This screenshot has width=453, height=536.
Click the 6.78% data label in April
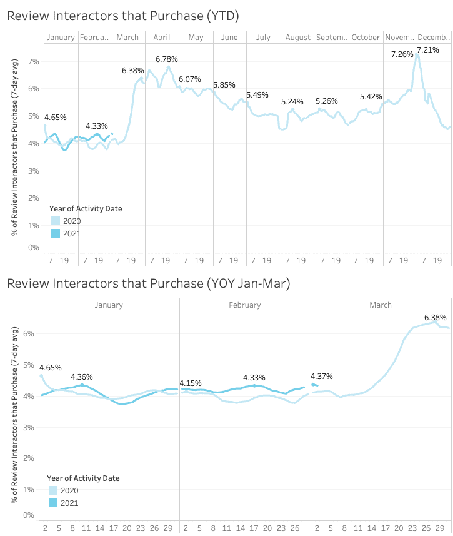pyautogui.click(x=167, y=59)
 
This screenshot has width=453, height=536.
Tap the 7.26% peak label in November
pyautogui.click(x=402, y=54)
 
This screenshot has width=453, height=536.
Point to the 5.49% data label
pyautogui.click(x=257, y=95)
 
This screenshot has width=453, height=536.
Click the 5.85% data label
pyautogui.click(x=224, y=85)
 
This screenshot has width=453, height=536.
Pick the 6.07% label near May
pyautogui.click(x=190, y=79)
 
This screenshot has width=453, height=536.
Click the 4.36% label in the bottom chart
pyautogui.click(x=82, y=377)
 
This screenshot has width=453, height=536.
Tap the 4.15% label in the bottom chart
pyautogui.click(x=191, y=383)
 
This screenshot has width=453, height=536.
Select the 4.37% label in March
pyautogui.click(x=322, y=377)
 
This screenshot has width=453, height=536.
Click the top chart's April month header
pyautogui.click(x=162, y=38)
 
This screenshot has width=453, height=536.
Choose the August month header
pyautogui.click(x=298, y=38)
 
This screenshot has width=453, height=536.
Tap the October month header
pyautogui.click(x=366, y=38)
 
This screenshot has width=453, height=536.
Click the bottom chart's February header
pyautogui.click(x=245, y=305)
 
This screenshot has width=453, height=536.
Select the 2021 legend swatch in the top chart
pyautogui.click(x=56, y=233)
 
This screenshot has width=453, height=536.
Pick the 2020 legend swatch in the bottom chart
pyautogui.click(x=54, y=490)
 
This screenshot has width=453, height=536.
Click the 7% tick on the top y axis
pyautogui.click(x=34, y=61)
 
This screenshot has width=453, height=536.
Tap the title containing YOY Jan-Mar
pyautogui.click(x=148, y=283)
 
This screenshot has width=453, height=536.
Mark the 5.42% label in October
pyautogui.click(x=371, y=97)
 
